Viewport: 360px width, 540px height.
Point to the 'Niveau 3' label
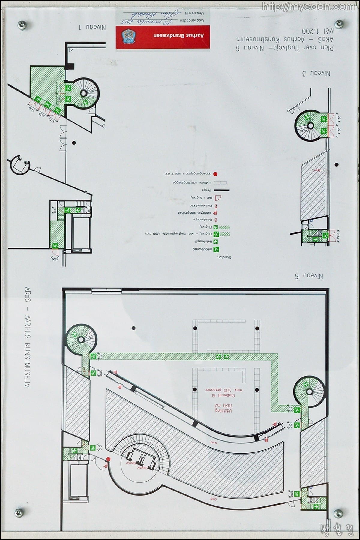tap(319, 73)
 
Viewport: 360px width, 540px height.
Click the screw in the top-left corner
tap(22, 24)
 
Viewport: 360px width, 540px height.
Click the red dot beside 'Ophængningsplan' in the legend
tap(215, 174)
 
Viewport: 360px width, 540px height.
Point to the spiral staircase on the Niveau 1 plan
tap(84, 93)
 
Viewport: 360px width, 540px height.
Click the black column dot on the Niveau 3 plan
tap(337, 164)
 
